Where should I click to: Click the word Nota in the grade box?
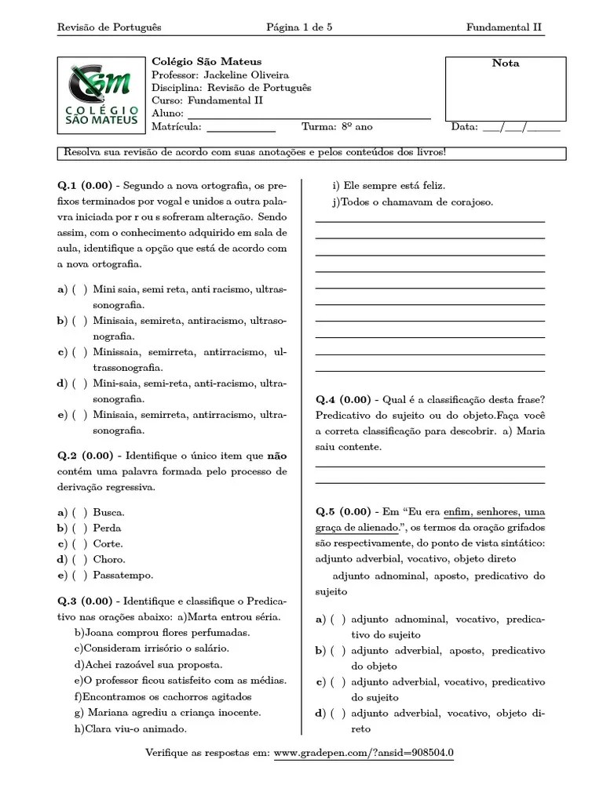[505, 64]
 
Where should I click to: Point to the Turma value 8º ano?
[357, 126]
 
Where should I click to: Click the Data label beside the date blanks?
[464, 126]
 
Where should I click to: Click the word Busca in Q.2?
[108, 512]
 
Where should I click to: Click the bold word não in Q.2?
[276, 456]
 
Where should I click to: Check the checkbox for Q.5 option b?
[338, 650]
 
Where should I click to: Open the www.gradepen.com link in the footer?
[364, 754]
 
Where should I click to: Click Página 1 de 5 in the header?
[299, 27]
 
